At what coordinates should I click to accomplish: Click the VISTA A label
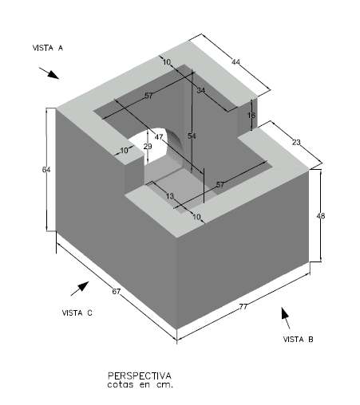click(x=48, y=48)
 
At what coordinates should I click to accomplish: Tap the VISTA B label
click(x=298, y=340)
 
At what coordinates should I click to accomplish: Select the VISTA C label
click(x=77, y=313)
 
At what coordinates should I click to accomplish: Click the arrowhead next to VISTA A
click(x=53, y=75)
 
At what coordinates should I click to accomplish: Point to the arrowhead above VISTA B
click(x=285, y=313)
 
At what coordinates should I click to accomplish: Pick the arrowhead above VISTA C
click(x=83, y=286)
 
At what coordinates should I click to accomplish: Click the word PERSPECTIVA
click(x=140, y=376)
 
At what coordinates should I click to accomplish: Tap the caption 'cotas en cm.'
click(x=140, y=384)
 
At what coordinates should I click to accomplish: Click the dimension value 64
click(x=46, y=170)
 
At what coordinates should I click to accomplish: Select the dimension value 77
click(x=243, y=307)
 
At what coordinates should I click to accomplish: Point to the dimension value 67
click(x=117, y=292)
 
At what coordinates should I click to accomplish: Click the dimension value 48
click(x=321, y=216)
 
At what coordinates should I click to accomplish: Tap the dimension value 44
click(x=235, y=62)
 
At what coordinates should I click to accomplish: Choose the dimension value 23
click(x=296, y=143)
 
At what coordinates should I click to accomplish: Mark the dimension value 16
click(x=251, y=116)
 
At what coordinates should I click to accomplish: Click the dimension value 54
click(x=192, y=136)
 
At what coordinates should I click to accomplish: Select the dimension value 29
click(x=148, y=147)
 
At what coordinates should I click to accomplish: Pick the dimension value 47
click(x=159, y=137)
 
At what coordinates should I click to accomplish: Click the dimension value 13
click(x=170, y=196)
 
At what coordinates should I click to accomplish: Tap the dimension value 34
click(x=201, y=91)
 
